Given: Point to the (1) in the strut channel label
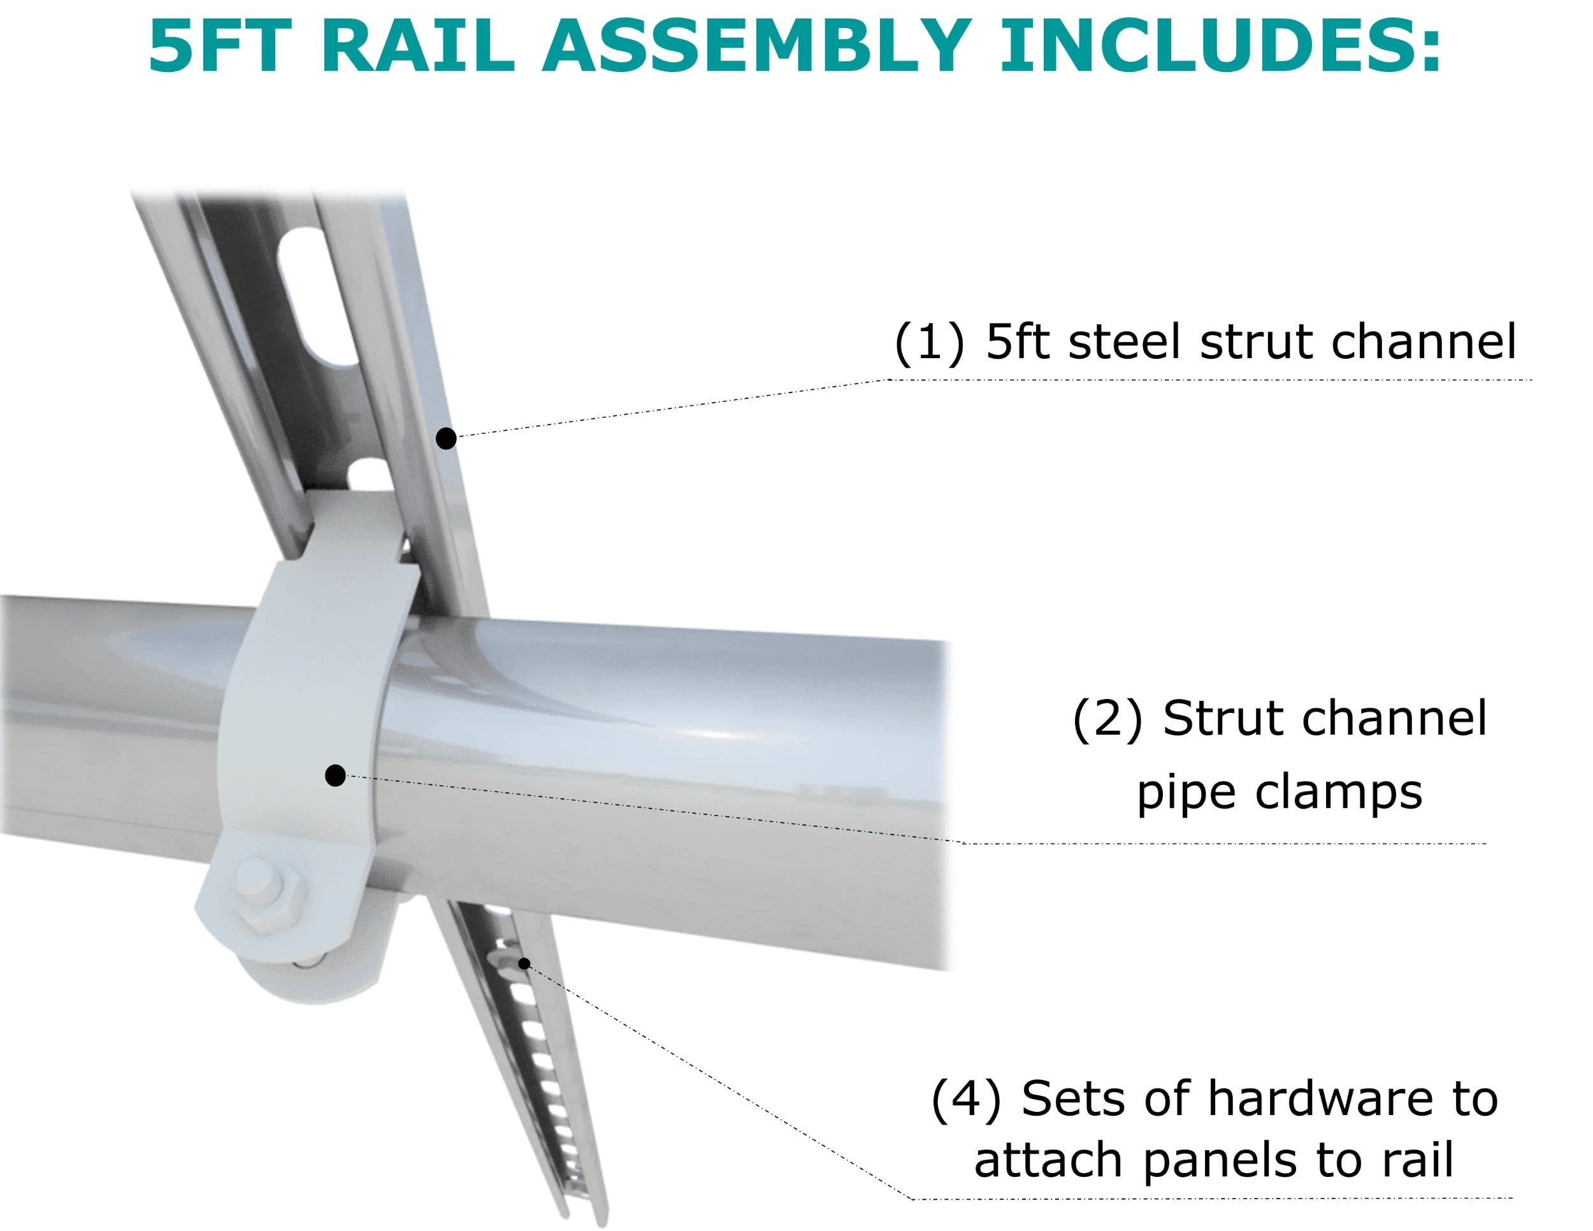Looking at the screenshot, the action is click(x=929, y=342).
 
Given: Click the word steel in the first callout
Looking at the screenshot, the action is click(x=1124, y=342).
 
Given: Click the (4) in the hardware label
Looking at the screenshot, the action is click(x=967, y=1099).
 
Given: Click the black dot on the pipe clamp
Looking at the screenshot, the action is click(x=335, y=775).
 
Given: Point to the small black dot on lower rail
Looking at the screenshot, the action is click(x=524, y=964).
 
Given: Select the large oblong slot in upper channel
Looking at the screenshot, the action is click(x=319, y=296).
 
